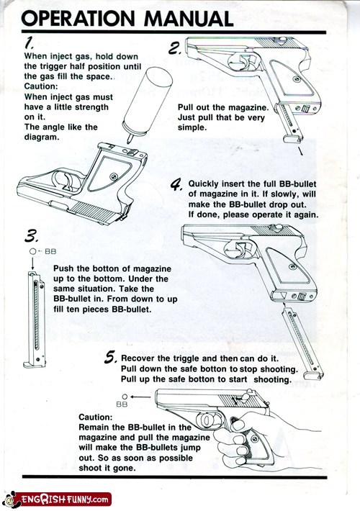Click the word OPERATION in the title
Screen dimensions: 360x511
pos(78,18)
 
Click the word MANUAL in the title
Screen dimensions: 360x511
pos(189,18)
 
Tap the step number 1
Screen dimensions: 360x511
pos(30,42)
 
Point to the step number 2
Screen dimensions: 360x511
pos(174,49)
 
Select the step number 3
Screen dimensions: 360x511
pos(32,236)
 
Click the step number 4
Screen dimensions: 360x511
pos(176,185)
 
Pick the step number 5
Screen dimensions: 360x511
pos(110,357)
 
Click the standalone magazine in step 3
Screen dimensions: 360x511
pos(35,320)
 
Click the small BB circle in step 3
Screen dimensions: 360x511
pos(32,251)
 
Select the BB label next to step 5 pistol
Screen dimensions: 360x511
pos(122,404)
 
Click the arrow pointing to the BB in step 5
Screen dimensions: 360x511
pos(141,397)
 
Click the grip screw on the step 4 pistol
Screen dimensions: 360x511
pos(293,266)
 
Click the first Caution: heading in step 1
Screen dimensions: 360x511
pos(41,86)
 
